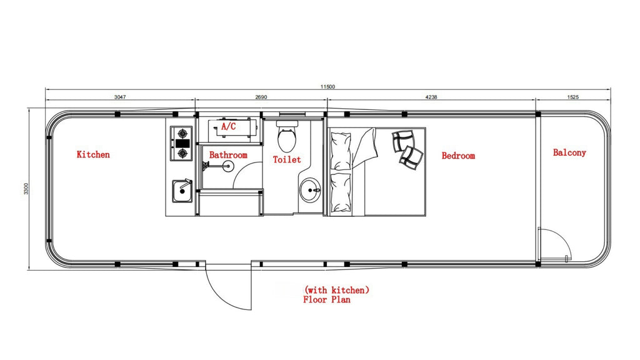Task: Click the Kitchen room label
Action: click(x=93, y=154)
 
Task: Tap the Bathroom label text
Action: click(x=228, y=155)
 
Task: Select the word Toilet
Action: click(x=287, y=159)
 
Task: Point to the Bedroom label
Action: click(x=458, y=156)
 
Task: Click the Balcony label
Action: click(x=569, y=152)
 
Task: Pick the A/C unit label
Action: click(x=229, y=126)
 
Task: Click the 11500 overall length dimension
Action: click(x=327, y=86)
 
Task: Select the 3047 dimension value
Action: click(x=120, y=97)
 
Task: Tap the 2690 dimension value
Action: click(x=261, y=97)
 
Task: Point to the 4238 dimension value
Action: click(x=431, y=97)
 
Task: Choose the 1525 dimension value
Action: click(x=573, y=97)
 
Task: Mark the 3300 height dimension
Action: click(x=26, y=189)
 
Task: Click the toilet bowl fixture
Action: click(x=286, y=136)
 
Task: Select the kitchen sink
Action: click(x=182, y=191)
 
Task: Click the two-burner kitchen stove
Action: click(x=181, y=144)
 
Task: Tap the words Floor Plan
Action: click(x=326, y=299)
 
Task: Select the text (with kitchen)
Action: click(x=337, y=290)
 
